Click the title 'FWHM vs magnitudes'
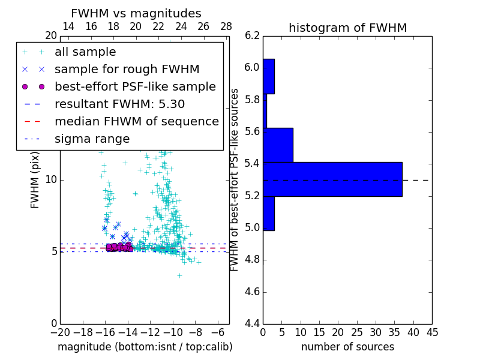tap(136, 14)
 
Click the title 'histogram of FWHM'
tap(347, 28)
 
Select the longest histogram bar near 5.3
tap(332, 179)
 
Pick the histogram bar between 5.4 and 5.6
tap(278, 145)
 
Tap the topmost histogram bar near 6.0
tap(269, 76)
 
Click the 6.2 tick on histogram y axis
tap(253, 36)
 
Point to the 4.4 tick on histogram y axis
tap(253, 324)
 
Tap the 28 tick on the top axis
tap(226, 26)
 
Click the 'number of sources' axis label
tap(347, 347)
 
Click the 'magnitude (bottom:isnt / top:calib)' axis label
tap(145, 347)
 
